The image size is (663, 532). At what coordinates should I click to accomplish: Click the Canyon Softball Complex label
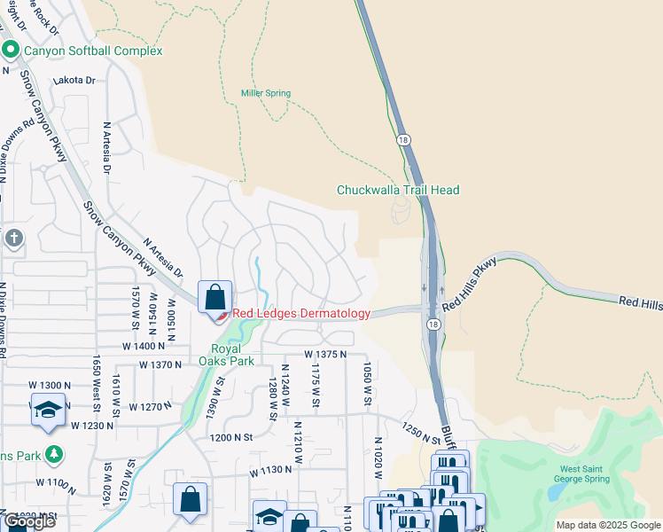coord(93,51)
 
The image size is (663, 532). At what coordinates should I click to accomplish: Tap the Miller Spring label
coord(266,93)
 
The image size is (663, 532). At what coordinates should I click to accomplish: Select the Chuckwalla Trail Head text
coord(398,190)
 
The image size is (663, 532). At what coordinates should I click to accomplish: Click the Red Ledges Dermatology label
coord(300,314)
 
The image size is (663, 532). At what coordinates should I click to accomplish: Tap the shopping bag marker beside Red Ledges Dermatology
coord(214,298)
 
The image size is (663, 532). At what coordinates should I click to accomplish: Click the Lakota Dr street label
coord(74,80)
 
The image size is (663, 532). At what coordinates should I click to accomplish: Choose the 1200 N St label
coord(231,437)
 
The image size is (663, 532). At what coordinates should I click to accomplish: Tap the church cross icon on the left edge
coord(13,238)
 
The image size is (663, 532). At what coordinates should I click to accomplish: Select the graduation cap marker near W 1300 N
coord(48,410)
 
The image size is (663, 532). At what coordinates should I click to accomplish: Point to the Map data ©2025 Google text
coord(609,525)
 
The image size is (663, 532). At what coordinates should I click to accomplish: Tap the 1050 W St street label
coord(365,384)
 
